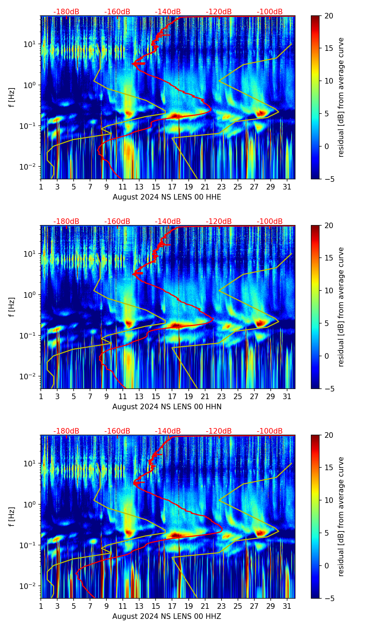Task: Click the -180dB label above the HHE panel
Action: pos(66,12)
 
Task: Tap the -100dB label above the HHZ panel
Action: pos(270,431)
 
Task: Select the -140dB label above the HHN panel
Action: pos(168,222)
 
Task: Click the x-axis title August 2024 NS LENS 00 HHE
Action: pos(167,197)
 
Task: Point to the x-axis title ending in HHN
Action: pos(167,407)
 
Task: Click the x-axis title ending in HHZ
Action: pos(167,616)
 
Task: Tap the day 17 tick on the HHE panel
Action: pos(172,187)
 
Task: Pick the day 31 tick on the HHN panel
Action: pos(287,396)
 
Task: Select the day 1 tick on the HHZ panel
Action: pos(41,606)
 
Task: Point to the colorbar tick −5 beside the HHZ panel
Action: pos(328,598)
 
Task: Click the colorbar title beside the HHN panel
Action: pos(341,307)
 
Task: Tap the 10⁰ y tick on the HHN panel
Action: pos(29,295)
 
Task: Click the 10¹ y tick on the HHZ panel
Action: pos(29,464)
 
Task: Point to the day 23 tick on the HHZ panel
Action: pos(221,606)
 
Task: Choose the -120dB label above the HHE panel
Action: pos(219,12)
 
